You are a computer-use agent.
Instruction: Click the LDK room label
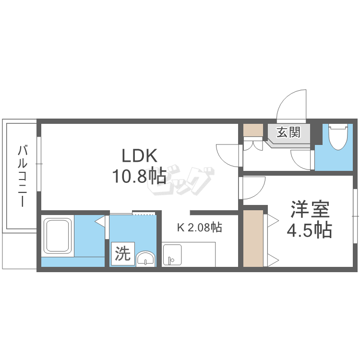(139, 156)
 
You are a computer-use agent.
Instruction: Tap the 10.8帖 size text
(139, 177)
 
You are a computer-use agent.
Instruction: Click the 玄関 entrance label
(288, 132)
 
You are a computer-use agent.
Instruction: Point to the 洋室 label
(310, 210)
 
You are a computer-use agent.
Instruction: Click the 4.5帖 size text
(309, 231)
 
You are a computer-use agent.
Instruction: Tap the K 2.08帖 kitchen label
(199, 228)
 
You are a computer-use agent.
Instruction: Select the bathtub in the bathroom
(58, 235)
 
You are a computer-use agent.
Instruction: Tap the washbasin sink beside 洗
(146, 259)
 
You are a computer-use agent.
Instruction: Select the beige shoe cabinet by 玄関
(253, 131)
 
